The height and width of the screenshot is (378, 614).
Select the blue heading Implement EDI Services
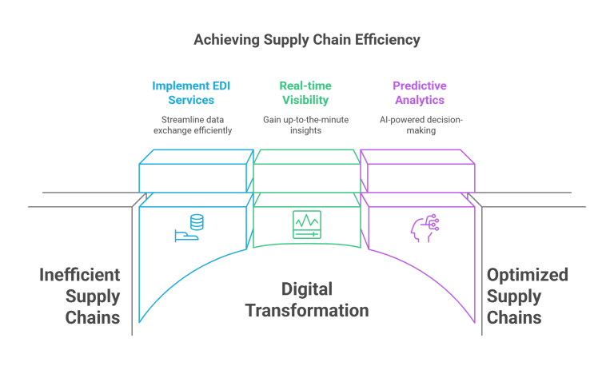191,92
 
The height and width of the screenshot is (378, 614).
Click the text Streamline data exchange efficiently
191,125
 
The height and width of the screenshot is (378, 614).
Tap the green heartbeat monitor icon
306,223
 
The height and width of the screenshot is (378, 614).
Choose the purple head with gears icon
423,227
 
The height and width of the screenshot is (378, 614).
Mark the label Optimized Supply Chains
527,296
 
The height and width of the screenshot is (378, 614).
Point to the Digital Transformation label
306,300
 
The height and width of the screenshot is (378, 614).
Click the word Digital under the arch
306,289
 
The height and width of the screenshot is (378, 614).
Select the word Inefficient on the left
80,275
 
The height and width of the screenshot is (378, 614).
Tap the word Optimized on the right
527,275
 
